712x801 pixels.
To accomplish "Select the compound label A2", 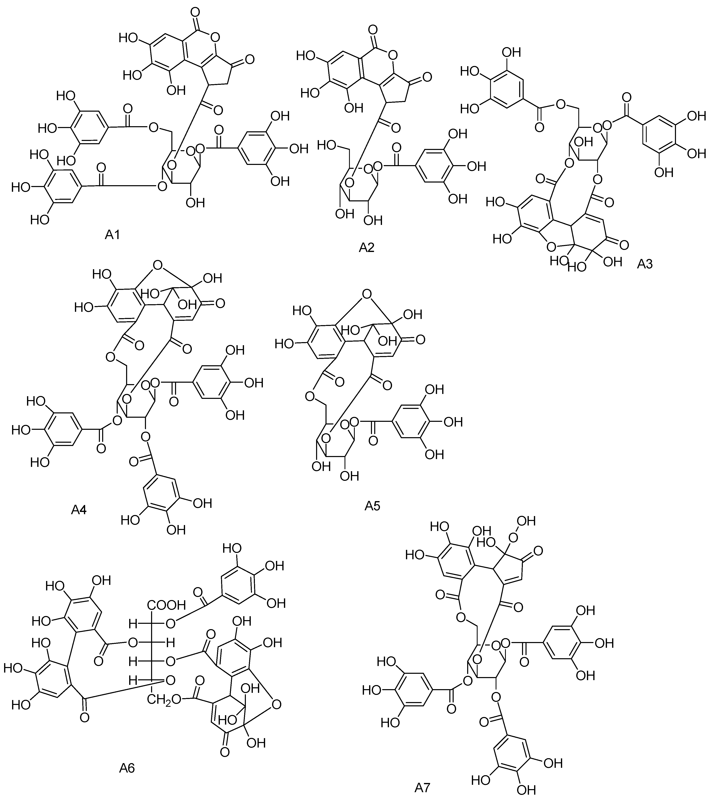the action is click(367, 247).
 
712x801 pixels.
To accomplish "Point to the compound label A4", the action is click(79, 509).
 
